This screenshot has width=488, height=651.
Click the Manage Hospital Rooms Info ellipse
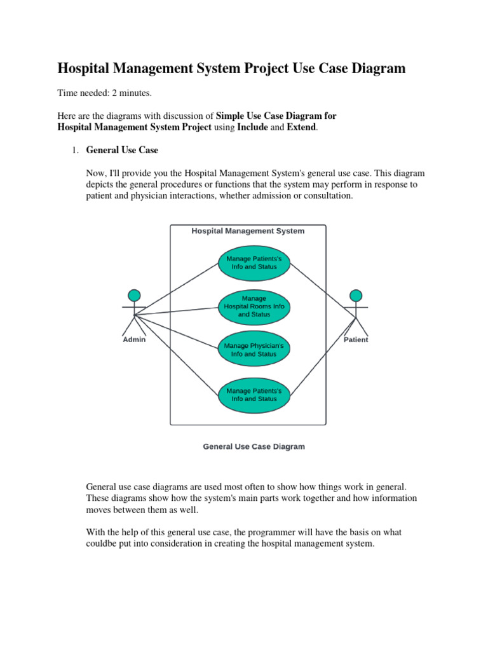(x=254, y=306)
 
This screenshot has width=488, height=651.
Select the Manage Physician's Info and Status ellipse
(x=254, y=350)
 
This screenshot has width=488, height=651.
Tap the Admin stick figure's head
(x=134, y=295)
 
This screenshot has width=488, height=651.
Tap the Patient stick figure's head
(x=356, y=295)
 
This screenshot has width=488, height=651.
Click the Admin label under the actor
(x=134, y=339)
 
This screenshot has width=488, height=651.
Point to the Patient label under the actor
(x=356, y=339)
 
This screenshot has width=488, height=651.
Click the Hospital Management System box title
(x=248, y=231)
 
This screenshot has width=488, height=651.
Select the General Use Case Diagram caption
(x=254, y=447)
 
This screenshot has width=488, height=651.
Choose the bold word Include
(x=252, y=128)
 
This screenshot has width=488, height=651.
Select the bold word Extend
(x=297, y=128)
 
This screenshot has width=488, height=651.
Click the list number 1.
(x=73, y=151)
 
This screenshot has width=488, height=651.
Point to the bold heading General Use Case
(x=122, y=151)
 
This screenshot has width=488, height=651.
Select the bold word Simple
(x=231, y=116)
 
